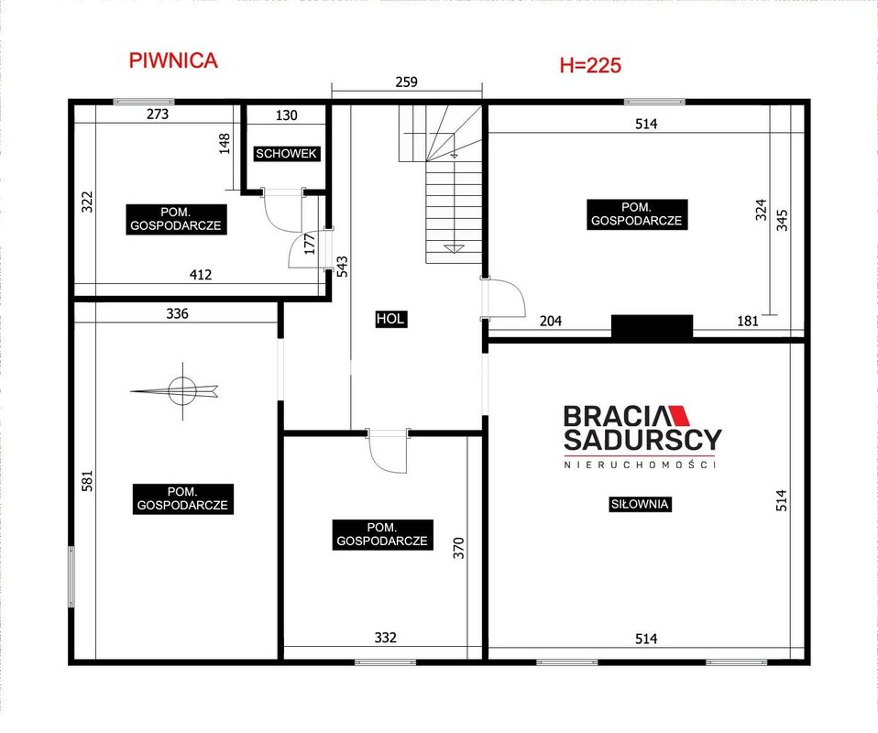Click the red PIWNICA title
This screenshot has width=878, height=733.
(x=173, y=60)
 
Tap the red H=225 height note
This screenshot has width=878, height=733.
(x=590, y=66)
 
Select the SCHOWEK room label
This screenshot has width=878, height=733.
(x=286, y=153)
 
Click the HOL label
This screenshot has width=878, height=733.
(x=390, y=319)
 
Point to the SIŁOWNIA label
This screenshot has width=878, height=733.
(x=640, y=504)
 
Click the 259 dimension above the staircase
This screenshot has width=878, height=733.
(x=407, y=82)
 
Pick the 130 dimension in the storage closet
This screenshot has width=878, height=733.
(x=286, y=115)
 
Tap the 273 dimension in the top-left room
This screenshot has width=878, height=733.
(x=158, y=115)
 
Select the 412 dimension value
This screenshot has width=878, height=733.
(x=201, y=274)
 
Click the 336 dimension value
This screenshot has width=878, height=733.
(x=177, y=313)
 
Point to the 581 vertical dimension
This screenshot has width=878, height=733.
(x=87, y=480)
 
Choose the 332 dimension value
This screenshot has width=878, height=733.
(x=385, y=637)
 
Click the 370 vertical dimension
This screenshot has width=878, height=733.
(x=458, y=548)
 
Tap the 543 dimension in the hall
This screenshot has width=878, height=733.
(x=342, y=266)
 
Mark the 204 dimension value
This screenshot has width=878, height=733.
(x=551, y=321)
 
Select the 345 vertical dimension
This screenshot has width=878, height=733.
(x=783, y=220)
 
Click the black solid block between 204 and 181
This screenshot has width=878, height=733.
(x=652, y=326)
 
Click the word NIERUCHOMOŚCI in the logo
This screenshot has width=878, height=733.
(x=640, y=465)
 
